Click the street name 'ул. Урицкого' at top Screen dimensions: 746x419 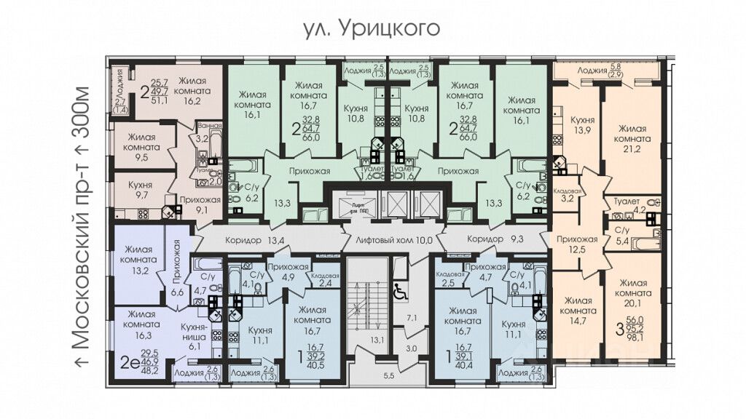[x=372, y=28]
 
